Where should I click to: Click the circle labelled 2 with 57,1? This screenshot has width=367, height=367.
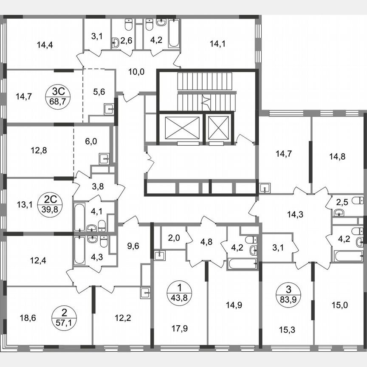coord(64,316)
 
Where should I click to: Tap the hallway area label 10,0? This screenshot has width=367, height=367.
coord(136,71)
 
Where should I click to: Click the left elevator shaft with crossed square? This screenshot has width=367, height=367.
coord(179,127)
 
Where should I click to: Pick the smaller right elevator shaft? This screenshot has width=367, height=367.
coord(218,127)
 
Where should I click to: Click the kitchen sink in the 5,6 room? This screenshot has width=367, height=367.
coord(108,109)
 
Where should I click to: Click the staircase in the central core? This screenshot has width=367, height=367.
coord(206,90)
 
